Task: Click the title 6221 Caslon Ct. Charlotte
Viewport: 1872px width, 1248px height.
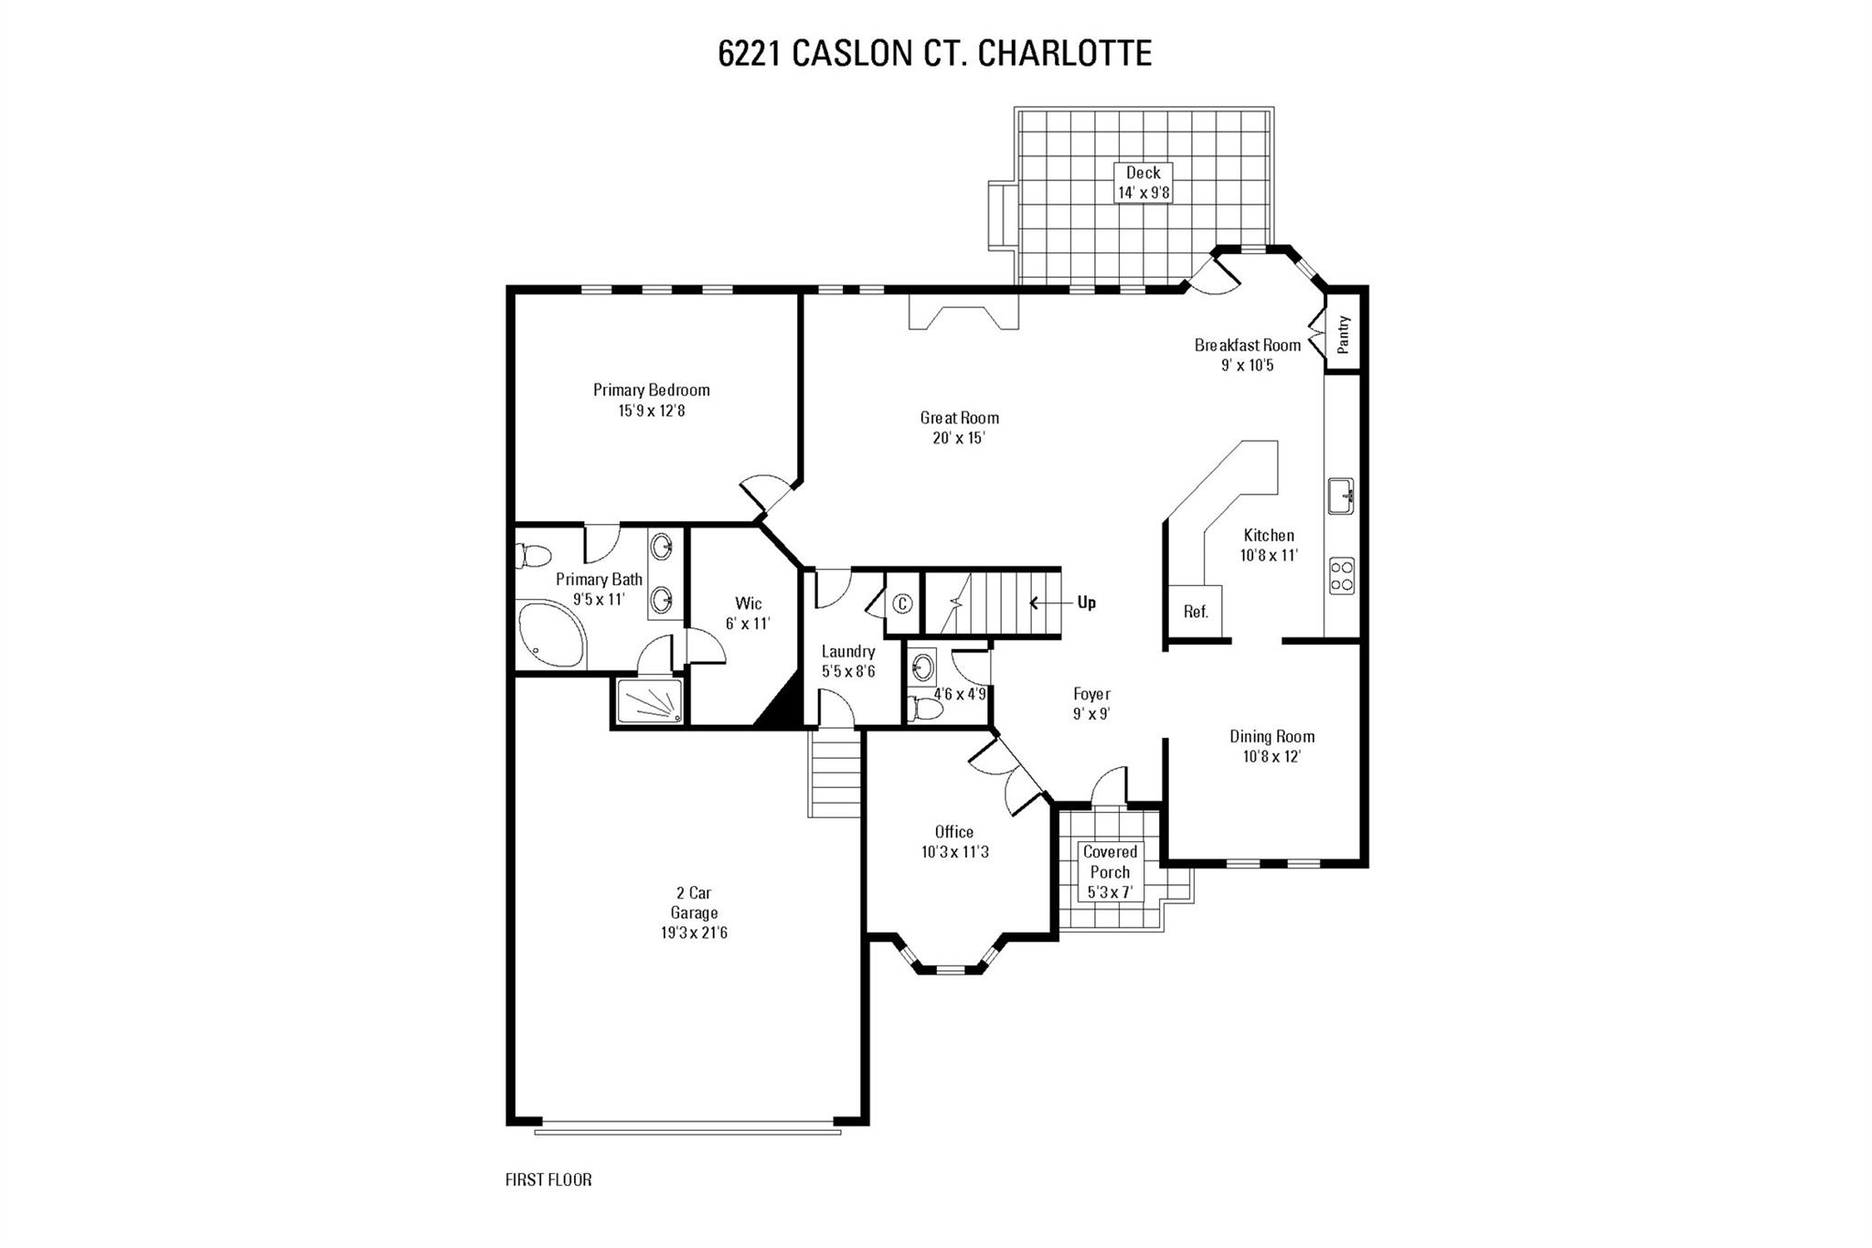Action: pyautogui.click(x=935, y=53)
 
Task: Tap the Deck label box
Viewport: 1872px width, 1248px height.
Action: pyautogui.click(x=1143, y=183)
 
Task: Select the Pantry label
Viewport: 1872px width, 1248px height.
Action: pyautogui.click(x=1343, y=335)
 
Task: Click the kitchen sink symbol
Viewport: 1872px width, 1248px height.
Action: pyautogui.click(x=1341, y=496)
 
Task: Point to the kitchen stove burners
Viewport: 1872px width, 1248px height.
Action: pyautogui.click(x=1342, y=576)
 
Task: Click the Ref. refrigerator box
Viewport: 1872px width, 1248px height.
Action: pyautogui.click(x=1196, y=612)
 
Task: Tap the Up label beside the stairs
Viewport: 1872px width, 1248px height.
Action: pyautogui.click(x=1086, y=603)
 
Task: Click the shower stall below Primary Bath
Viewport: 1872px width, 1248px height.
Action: pyautogui.click(x=650, y=701)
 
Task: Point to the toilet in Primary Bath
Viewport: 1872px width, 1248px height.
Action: pyautogui.click(x=533, y=556)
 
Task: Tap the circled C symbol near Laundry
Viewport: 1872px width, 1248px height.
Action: pyautogui.click(x=902, y=603)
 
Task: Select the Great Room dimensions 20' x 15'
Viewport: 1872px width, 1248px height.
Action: pyautogui.click(x=959, y=438)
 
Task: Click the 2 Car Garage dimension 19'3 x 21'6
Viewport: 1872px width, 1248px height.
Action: pyautogui.click(x=693, y=933)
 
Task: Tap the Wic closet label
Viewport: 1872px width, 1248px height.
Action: pyautogui.click(x=748, y=603)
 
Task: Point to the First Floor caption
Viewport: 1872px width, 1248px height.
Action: pyautogui.click(x=548, y=1179)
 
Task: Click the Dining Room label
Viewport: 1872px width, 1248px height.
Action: pyautogui.click(x=1271, y=736)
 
